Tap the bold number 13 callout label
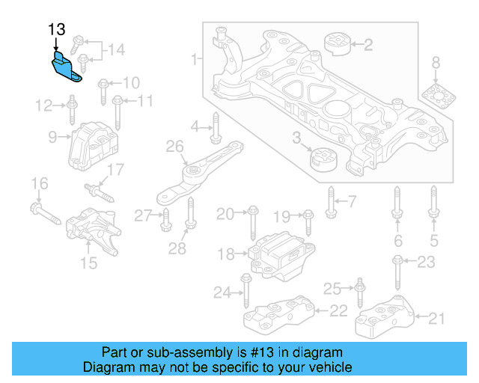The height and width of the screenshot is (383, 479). (57, 30)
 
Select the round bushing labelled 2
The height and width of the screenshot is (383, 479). (338, 44)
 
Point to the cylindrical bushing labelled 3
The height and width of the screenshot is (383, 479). (324, 159)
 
